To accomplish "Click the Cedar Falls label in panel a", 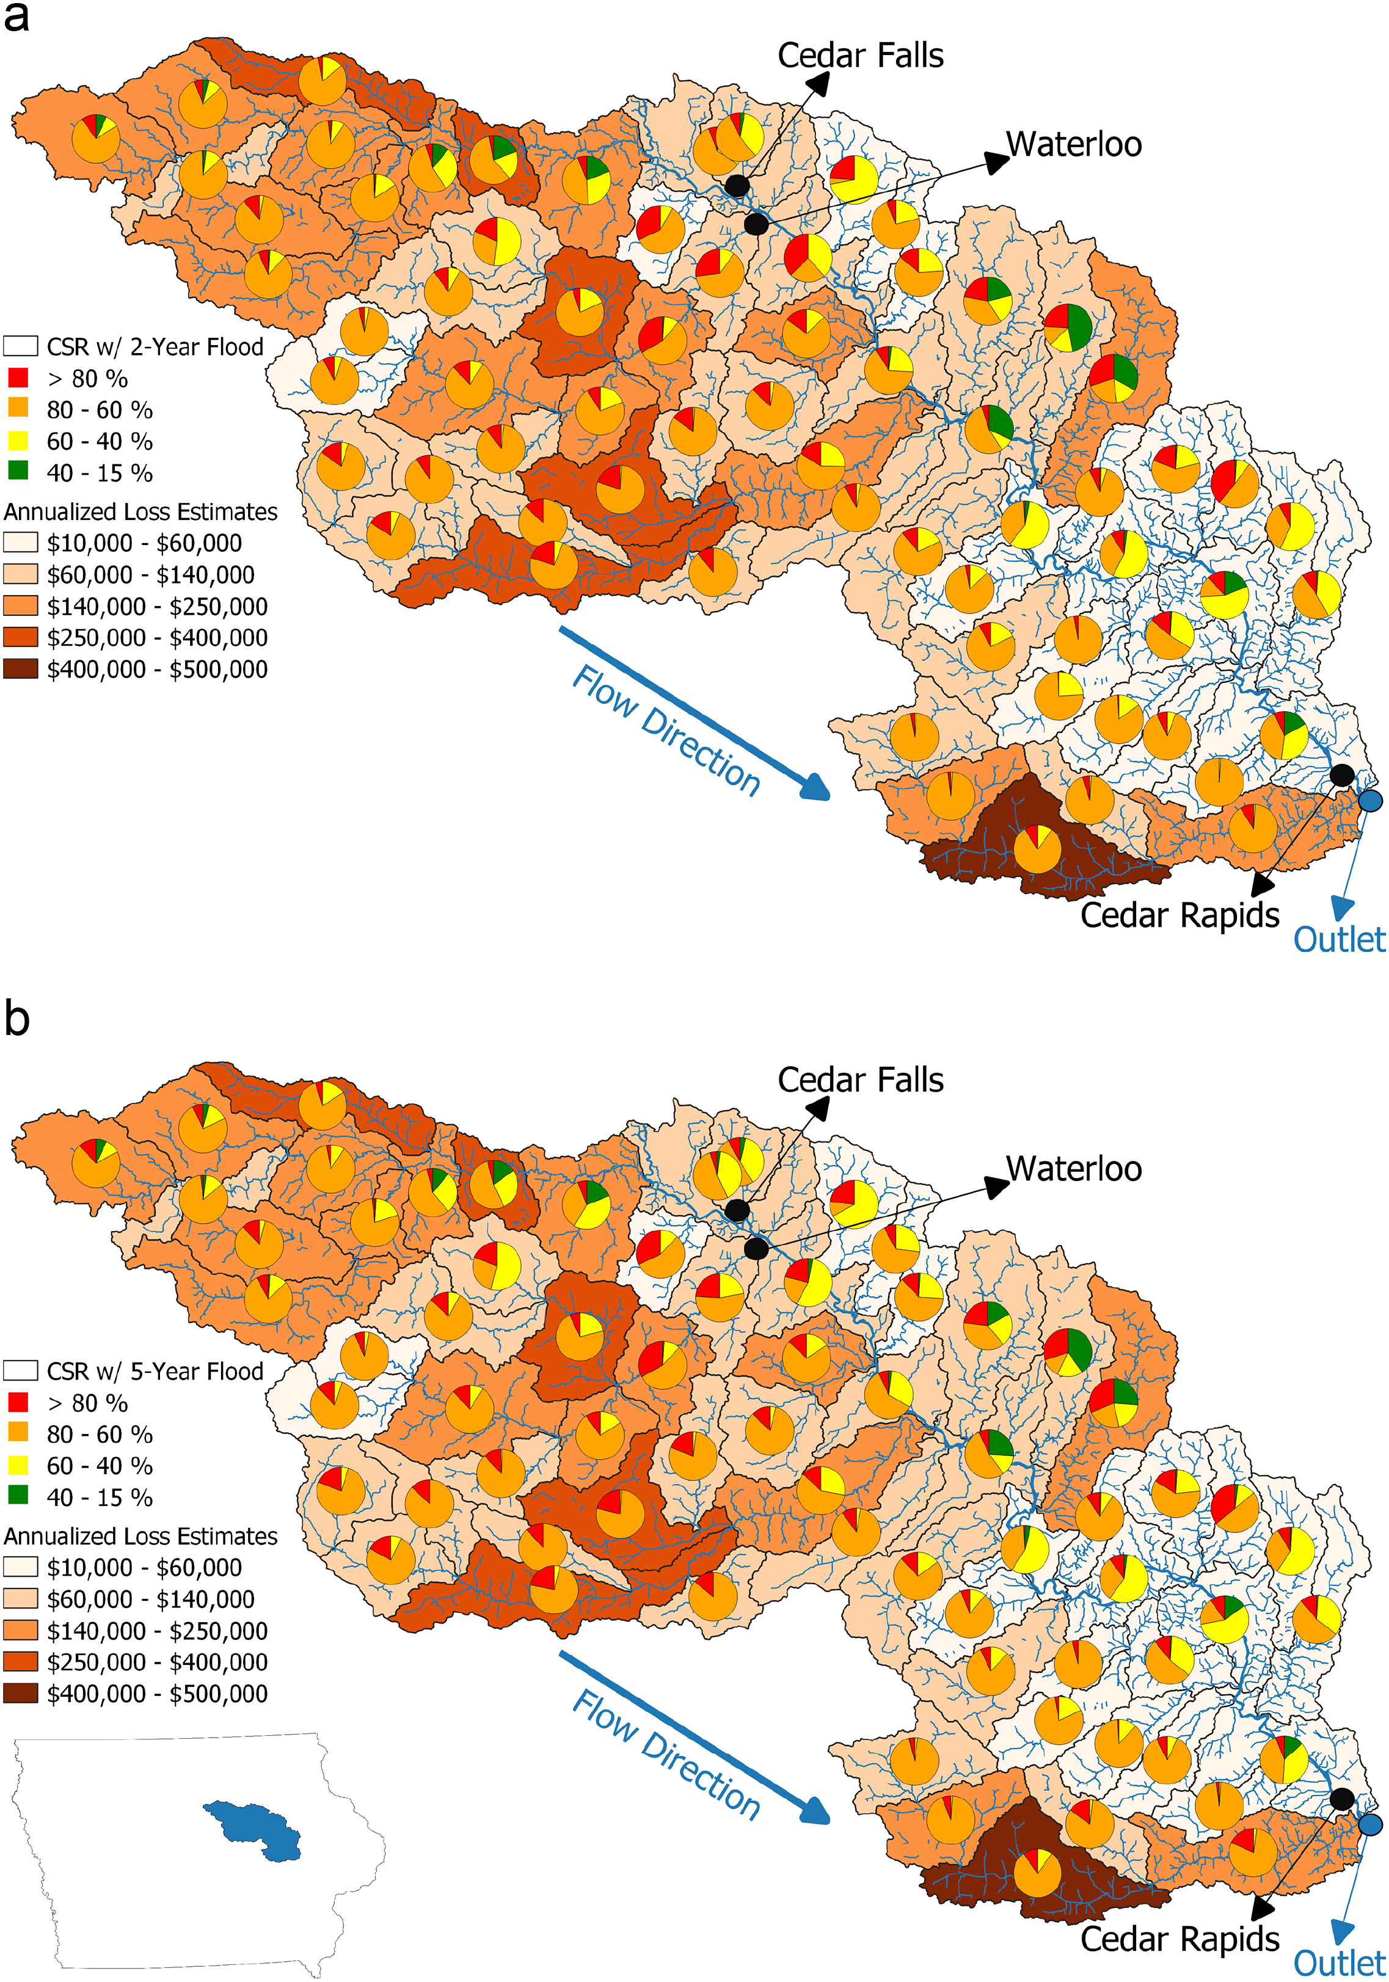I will pyautogui.click(x=860, y=56).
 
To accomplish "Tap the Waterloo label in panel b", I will pyautogui.click(x=1074, y=1169).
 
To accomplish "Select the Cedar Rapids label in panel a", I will pyautogui.click(x=1179, y=915).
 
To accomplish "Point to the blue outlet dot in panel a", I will pyautogui.click(x=1370, y=801).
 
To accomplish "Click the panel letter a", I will pyautogui.click(x=16, y=17).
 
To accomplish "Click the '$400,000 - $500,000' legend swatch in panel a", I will pyautogui.click(x=21, y=669).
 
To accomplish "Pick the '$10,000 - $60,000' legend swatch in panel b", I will pyautogui.click(x=21, y=1567).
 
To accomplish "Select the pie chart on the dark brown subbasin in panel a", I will pyautogui.click(x=1037, y=849).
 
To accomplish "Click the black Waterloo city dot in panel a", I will pyautogui.click(x=756, y=224).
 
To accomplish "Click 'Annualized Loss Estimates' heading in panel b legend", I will pyautogui.click(x=140, y=1536).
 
